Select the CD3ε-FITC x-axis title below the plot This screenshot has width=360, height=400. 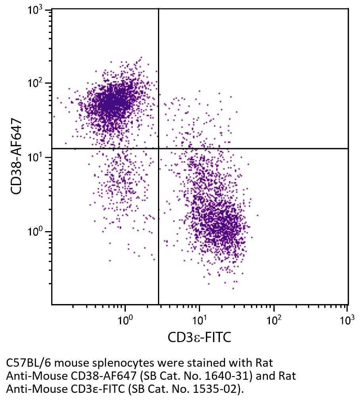[199, 337]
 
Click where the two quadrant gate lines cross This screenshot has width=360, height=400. [158, 149]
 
